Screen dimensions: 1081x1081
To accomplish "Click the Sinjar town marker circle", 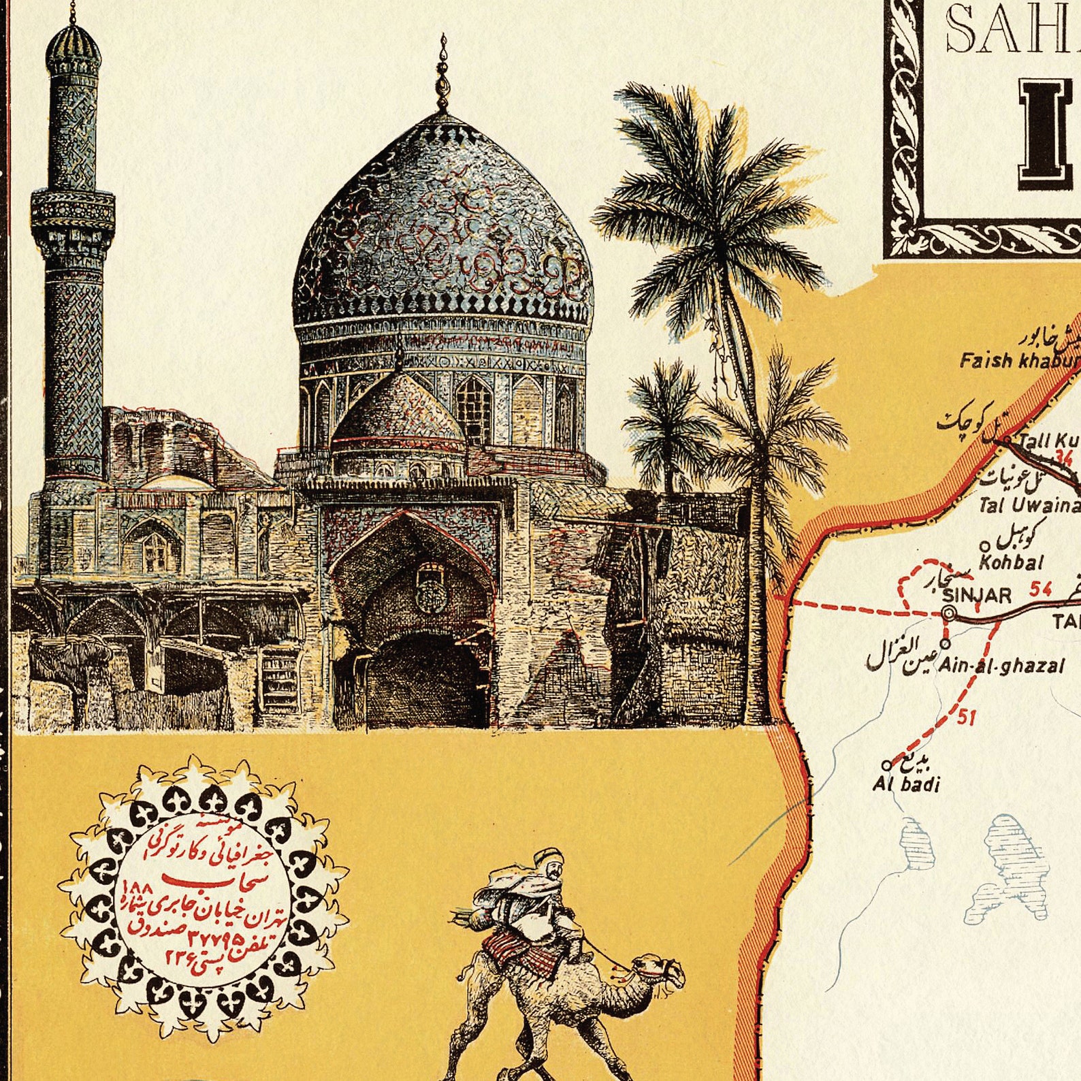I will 949,614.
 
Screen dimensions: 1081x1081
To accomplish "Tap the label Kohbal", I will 1011,562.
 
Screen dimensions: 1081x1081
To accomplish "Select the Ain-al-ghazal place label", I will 1001,666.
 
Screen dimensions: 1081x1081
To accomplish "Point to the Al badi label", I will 906,785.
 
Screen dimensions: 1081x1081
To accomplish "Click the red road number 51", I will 967,717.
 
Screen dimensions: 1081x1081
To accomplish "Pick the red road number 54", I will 1040,589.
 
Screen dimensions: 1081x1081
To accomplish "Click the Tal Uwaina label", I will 1029,505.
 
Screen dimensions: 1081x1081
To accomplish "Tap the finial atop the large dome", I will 443,75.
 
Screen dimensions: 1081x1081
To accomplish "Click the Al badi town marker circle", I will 886,764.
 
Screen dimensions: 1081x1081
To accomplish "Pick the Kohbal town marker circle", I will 984,545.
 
